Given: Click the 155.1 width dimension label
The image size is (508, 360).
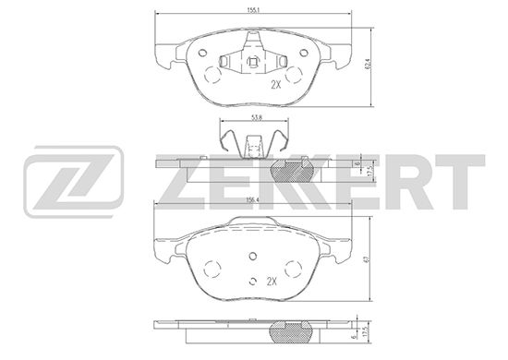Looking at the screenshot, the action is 254,10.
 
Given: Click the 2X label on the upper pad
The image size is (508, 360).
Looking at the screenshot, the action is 276,85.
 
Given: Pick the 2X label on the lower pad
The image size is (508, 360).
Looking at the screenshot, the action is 272,282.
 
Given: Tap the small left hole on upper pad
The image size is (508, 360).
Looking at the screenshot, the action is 202,53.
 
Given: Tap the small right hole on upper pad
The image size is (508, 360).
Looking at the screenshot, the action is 304,53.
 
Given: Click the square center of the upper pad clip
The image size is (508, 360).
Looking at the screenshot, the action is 253,61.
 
